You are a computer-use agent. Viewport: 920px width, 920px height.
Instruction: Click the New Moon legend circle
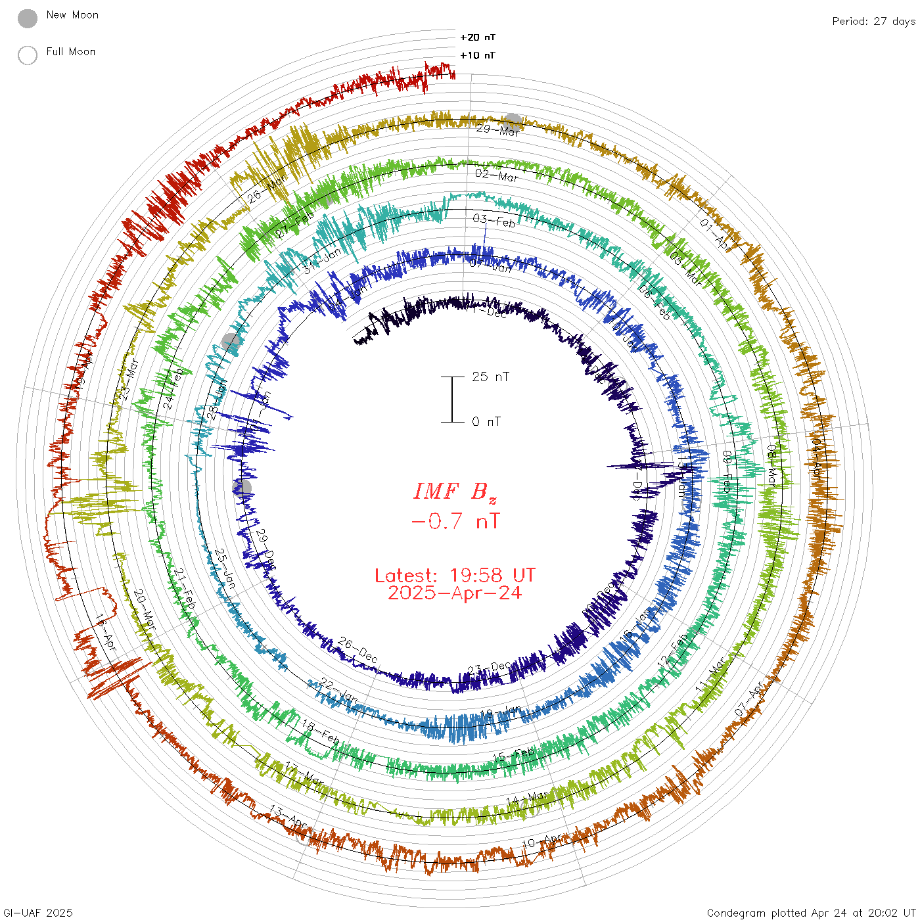pos(28,18)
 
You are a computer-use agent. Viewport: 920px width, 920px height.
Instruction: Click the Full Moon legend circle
pos(28,55)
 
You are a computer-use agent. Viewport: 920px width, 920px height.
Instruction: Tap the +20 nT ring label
pos(477,37)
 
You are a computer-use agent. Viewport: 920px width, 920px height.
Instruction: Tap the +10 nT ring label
pos(477,55)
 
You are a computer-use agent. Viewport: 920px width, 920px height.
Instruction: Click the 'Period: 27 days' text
pos(873,21)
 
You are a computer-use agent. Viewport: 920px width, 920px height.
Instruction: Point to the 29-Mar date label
pos(497,130)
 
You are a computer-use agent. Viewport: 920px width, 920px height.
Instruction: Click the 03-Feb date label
pos(494,221)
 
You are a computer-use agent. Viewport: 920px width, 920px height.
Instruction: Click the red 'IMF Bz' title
pos(455,492)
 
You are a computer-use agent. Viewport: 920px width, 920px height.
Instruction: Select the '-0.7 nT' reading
pos(455,522)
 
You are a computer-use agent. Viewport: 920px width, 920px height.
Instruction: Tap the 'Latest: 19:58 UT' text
pos(455,576)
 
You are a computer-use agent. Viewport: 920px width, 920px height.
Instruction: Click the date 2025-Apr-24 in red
pos(455,593)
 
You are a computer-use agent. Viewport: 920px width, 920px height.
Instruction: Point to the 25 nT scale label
pos(490,377)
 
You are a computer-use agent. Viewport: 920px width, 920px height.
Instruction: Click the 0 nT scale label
pos(486,422)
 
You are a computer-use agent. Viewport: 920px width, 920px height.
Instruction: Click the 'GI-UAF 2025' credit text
pos(38,913)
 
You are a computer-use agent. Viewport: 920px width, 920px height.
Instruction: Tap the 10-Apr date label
pos(543,841)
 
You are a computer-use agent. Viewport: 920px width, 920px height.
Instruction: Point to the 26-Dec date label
pos(358,650)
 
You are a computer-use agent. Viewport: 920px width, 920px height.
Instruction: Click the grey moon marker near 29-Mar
pos(513,122)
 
